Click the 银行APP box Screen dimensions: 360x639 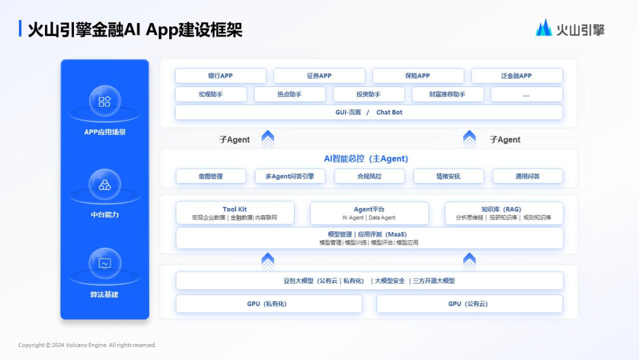coord(221,76)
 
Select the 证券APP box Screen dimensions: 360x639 coord(319,76)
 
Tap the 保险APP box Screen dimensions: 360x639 coord(418,76)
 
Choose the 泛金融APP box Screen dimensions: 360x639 coord(517,76)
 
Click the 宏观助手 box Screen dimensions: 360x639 coord(211,94)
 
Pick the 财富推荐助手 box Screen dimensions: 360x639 coord(447,94)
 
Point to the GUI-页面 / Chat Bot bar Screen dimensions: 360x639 coord(369,112)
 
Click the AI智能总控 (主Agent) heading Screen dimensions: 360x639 coord(366,159)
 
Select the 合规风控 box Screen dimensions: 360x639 coord(369,176)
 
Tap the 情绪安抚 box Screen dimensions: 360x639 coord(448,176)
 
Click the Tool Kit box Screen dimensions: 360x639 coord(235,213)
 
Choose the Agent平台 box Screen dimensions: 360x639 coord(369,213)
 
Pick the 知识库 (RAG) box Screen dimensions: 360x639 coord(504,213)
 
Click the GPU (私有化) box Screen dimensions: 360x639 coord(269,304)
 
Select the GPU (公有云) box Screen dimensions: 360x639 coord(469,304)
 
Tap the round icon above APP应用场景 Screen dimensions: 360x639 coord(105,101)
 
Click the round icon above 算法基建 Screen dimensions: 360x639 coord(105,263)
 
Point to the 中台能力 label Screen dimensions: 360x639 coord(105,214)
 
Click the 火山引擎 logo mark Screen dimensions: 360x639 coord(544,28)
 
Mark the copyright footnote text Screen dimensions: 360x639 coord(87,345)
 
